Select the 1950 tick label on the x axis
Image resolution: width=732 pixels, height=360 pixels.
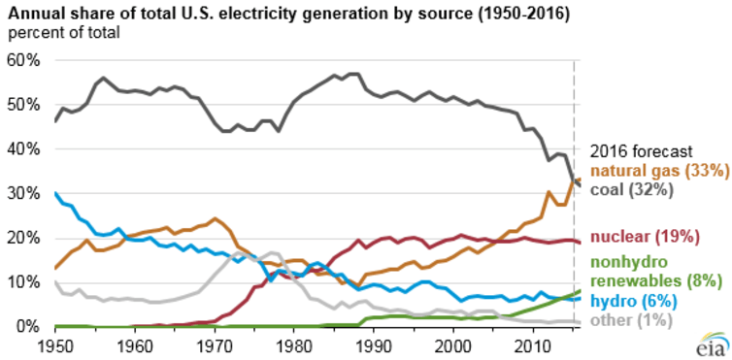coord(55,345)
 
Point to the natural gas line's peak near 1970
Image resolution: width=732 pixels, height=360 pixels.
coord(215,219)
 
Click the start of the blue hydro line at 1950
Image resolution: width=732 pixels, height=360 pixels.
coord(56,193)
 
